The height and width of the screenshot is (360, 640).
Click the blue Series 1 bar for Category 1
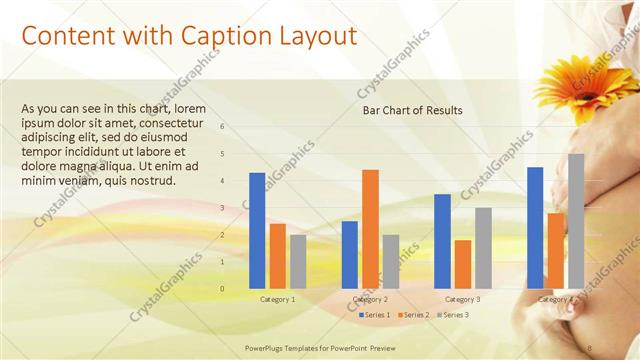click(257, 230)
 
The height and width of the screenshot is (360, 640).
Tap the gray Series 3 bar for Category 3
click(483, 247)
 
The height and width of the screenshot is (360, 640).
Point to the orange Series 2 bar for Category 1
click(277, 255)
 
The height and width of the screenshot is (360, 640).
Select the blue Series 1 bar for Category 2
click(350, 254)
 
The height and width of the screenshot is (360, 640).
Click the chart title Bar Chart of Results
click(412, 111)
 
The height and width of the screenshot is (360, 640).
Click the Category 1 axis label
click(277, 299)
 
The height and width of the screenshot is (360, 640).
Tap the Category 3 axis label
click(462, 299)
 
